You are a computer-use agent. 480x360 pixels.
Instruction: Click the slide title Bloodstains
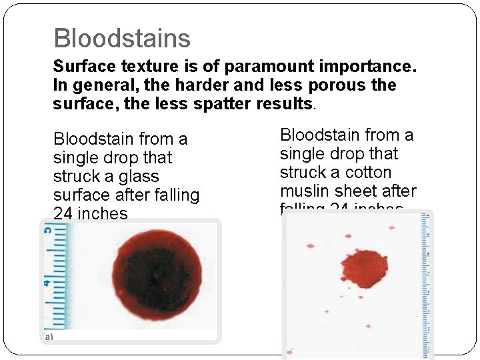122,39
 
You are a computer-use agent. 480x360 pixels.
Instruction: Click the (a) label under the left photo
48,337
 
